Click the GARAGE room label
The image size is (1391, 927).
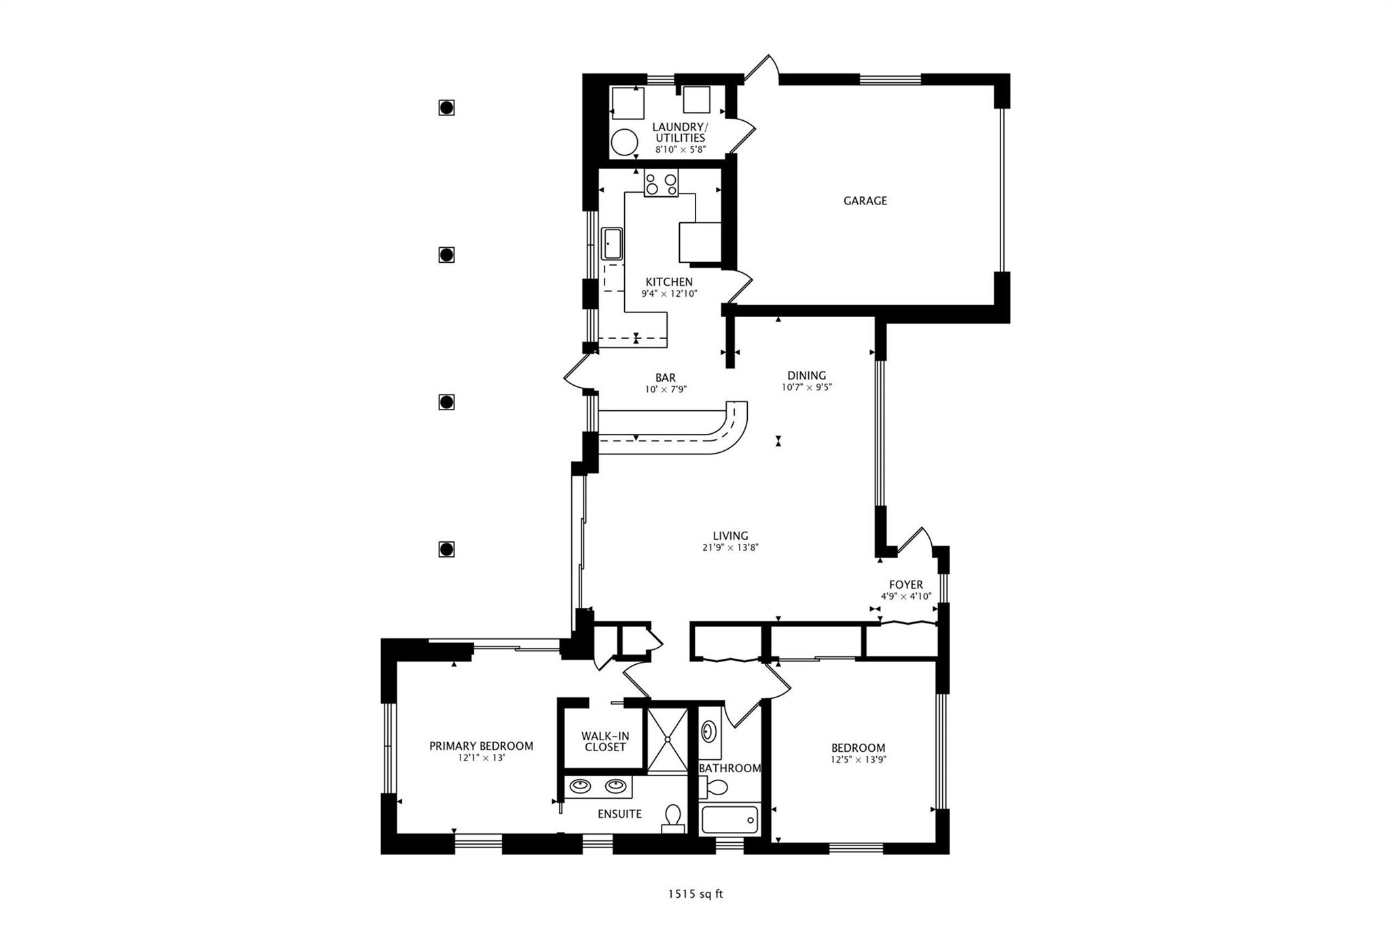click(x=865, y=201)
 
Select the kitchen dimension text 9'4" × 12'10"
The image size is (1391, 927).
click(x=670, y=294)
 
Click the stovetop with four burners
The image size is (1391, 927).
click(x=662, y=183)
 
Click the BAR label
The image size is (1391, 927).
click(x=666, y=378)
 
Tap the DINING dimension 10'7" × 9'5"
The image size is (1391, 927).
click(x=807, y=388)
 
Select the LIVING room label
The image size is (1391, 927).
click(x=731, y=536)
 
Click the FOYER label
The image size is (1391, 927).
click(x=906, y=585)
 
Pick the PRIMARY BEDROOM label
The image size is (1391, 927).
click(x=481, y=746)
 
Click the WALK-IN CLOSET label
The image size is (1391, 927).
click(x=604, y=742)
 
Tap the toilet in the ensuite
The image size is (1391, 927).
click(x=673, y=818)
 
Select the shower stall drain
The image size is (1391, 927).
click(x=668, y=740)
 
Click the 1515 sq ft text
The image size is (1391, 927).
click(x=695, y=894)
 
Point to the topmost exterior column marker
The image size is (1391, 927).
click(x=446, y=107)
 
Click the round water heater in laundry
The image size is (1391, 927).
click(x=624, y=143)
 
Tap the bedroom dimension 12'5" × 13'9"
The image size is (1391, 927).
click(x=859, y=760)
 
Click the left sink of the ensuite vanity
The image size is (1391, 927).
click(x=580, y=786)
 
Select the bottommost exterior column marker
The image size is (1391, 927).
click(x=446, y=549)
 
